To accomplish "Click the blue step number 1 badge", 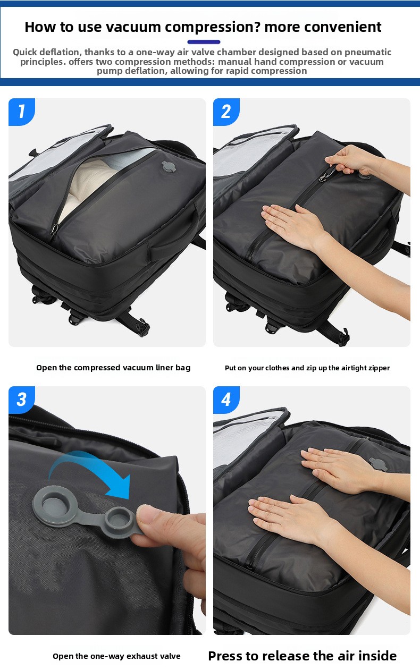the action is tap(22, 112).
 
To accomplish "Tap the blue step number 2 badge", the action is tap(226, 112).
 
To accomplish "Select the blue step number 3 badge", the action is tap(22, 400).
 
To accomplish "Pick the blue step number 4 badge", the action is tap(226, 400).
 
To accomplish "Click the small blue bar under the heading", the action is tap(204, 42).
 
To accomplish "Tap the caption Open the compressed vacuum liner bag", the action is tap(113, 368).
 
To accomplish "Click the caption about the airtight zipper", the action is tap(307, 368).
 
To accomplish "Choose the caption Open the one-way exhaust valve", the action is tap(116, 656).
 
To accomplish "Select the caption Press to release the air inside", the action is tap(303, 656).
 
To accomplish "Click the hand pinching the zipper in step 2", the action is tap(350, 160).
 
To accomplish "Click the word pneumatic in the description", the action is tap(367, 53).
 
